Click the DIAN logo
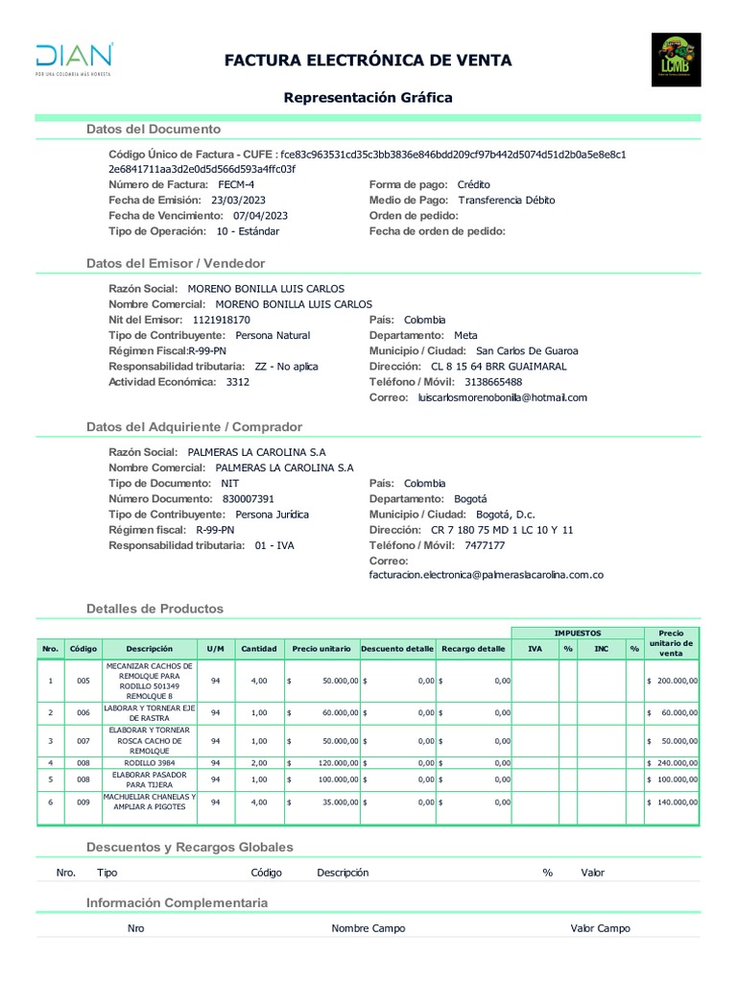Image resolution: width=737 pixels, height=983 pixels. [74, 59]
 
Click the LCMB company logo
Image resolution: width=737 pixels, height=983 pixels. [676, 60]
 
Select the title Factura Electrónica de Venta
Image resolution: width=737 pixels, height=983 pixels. [368, 61]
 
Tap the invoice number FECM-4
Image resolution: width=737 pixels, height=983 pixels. [237, 184]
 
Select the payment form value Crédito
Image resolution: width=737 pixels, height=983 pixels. [473, 184]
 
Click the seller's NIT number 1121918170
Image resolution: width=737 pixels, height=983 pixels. [222, 320]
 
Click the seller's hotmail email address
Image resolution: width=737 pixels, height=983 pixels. [502, 397]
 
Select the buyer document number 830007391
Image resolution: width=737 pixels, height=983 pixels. [249, 499]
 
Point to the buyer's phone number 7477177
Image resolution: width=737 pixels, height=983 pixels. [484, 545]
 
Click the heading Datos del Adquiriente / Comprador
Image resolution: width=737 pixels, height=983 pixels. [194, 426]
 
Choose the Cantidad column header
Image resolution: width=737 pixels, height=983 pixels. [258, 649]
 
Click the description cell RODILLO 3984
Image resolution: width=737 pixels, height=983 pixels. [149, 762]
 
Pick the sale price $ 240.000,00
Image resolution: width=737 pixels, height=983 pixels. [673, 762]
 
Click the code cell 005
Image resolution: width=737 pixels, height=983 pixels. [83, 681]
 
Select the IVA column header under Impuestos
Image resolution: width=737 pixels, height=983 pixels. [534, 649]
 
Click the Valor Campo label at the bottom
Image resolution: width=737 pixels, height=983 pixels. [600, 928]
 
